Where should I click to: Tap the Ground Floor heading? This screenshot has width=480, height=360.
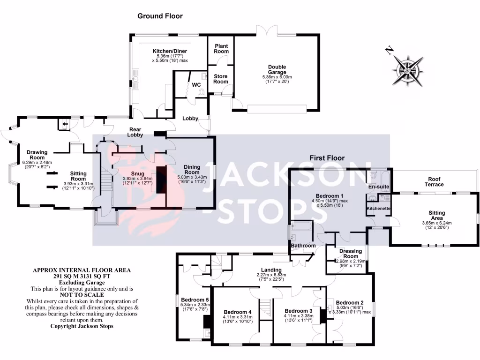[160, 16]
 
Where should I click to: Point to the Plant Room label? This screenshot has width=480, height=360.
[221, 48]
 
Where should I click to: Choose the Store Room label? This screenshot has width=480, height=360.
[220, 79]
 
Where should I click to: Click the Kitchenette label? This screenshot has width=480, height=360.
[379, 208]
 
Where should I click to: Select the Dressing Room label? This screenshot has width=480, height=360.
[347, 254]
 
